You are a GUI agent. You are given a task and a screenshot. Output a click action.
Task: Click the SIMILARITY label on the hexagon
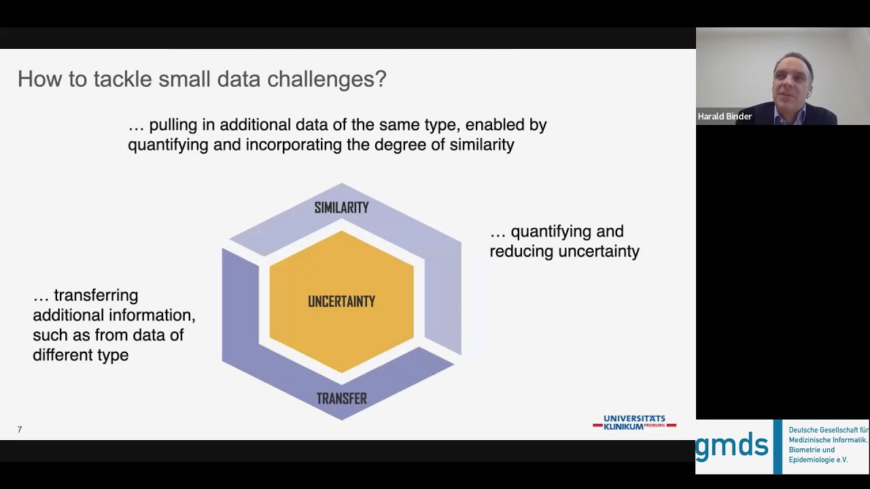click(x=341, y=208)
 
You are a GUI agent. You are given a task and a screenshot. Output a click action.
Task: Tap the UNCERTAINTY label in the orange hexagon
click(x=341, y=302)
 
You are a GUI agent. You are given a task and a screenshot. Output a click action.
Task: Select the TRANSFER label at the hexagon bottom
click(x=341, y=399)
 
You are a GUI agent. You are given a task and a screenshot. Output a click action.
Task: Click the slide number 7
click(x=20, y=430)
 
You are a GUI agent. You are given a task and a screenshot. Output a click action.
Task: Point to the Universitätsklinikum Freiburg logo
click(x=635, y=422)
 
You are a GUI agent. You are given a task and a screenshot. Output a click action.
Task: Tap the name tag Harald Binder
click(x=725, y=116)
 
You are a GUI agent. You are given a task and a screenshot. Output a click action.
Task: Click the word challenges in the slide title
click(x=327, y=79)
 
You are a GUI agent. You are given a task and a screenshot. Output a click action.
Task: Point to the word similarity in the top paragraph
click(x=482, y=145)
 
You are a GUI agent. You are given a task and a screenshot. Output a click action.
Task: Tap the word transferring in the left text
click(x=96, y=295)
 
